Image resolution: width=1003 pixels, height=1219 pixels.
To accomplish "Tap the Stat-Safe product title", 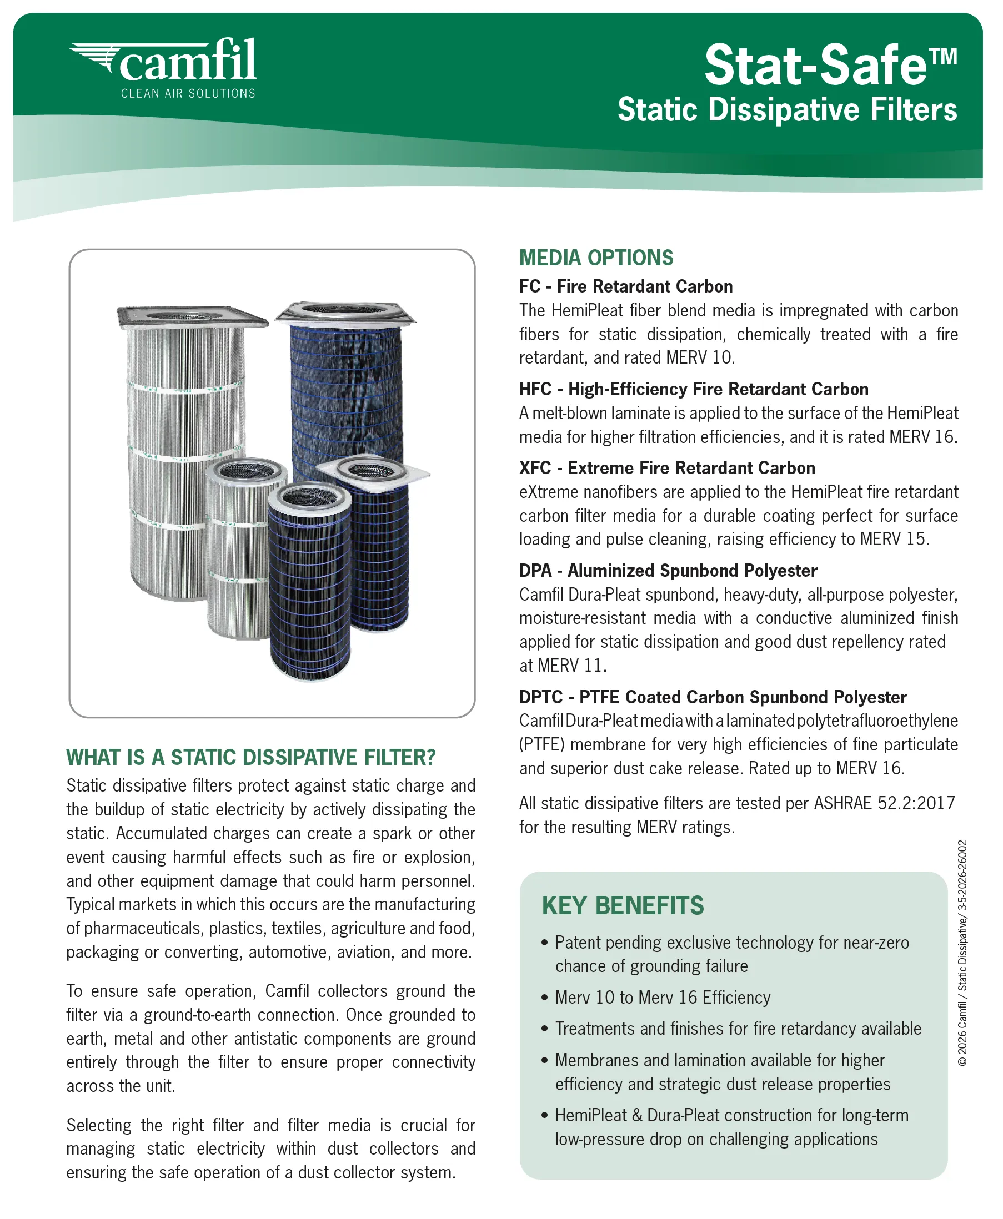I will click(830, 65).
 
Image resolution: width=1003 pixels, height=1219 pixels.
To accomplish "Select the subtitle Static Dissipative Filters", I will click(787, 110).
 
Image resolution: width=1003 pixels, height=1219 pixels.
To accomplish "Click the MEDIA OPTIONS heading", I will click(596, 258).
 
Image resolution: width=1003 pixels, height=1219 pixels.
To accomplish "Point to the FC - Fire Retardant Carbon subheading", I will click(626, 286).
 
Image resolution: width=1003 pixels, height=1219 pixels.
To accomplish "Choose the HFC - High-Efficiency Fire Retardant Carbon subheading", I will click(693, 389).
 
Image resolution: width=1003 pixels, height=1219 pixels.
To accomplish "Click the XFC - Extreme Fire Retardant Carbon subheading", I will click(667, 468).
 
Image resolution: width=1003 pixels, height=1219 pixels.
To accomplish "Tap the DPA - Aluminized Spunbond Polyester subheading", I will click(668, 571).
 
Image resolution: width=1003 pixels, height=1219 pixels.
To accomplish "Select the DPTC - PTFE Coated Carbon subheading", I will click(713, 697).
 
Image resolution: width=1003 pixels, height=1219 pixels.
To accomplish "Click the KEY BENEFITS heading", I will click(622, 905).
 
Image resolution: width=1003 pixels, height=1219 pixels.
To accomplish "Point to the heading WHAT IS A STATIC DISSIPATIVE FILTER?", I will click(251, 757).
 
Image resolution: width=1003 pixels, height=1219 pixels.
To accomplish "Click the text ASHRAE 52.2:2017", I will click(884, 803).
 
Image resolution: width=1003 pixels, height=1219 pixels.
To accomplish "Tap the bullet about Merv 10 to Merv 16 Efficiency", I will click(662, 998).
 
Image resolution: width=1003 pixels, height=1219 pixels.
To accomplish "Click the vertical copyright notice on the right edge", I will click(962, 953).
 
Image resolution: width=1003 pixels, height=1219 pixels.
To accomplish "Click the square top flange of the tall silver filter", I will click(192, 316).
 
